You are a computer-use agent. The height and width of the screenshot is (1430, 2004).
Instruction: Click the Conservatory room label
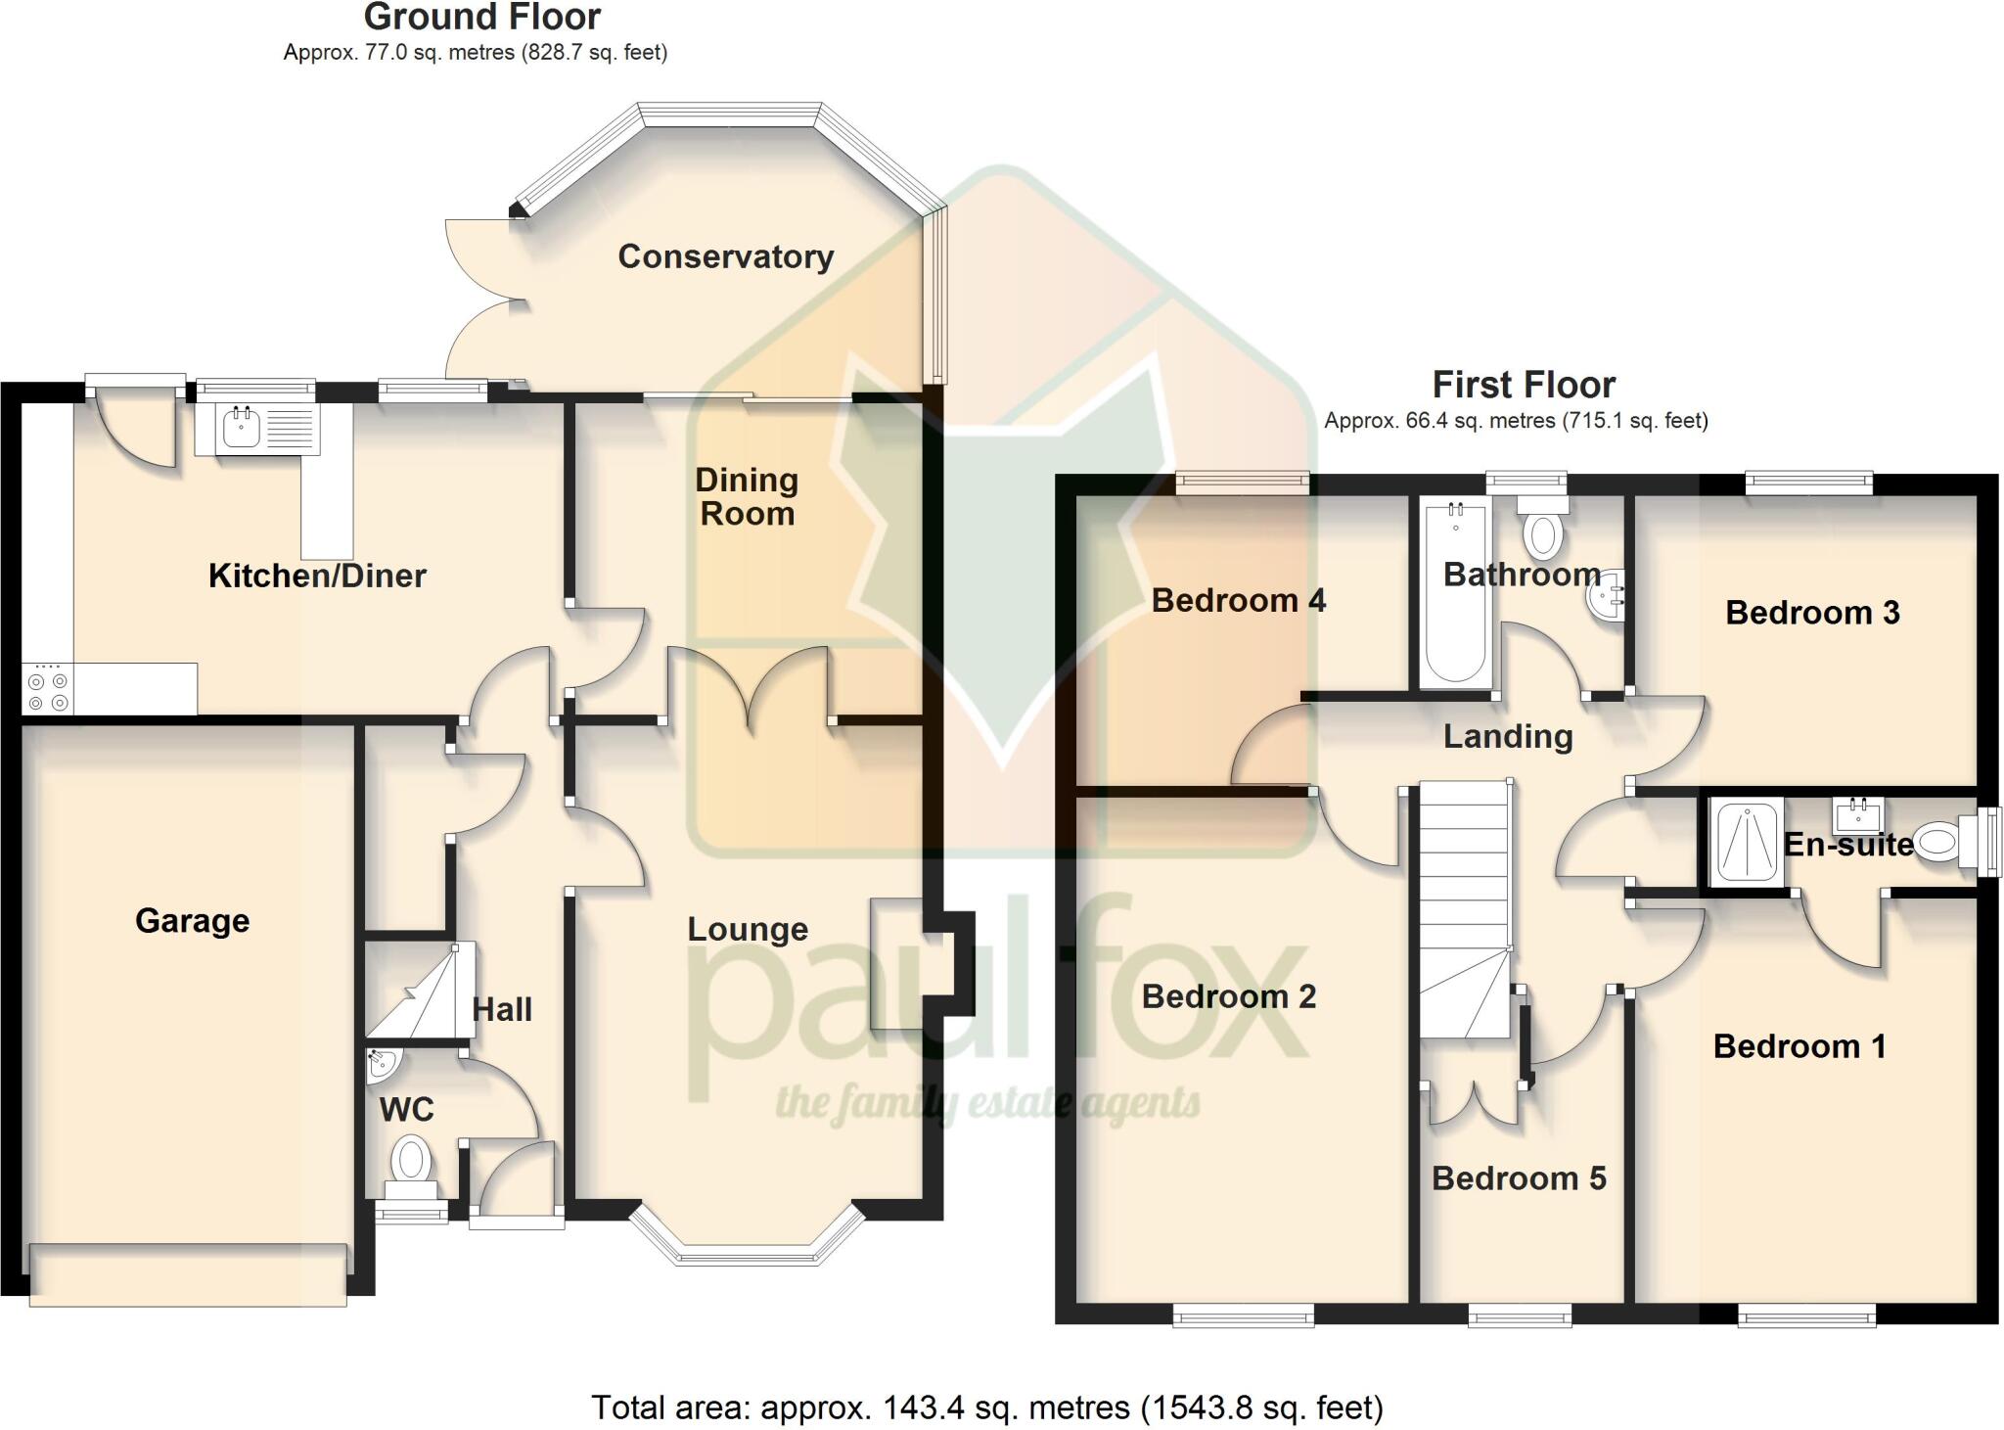(725, 256)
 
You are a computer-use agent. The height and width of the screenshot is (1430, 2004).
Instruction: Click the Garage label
(192, 921)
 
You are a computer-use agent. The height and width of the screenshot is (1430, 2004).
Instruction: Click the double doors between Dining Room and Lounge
(749, 693)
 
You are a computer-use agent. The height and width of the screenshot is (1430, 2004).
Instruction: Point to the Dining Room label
(747, 496)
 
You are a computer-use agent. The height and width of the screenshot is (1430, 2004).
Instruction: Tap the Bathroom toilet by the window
(1543, 529)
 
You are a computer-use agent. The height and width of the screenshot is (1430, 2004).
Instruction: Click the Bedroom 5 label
(1519, 1178)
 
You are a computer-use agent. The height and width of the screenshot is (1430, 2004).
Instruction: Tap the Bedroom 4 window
(1242, 481)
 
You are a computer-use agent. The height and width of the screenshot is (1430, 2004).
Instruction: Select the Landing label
(1508, 737)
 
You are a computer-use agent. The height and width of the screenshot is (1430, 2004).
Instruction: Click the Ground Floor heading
(481, 18)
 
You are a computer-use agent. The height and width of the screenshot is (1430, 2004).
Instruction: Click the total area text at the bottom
(986, 1407)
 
